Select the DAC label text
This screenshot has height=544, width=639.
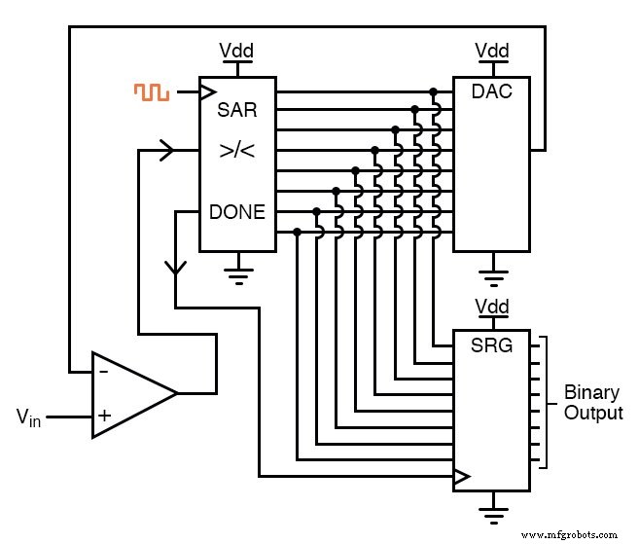pos(491,91)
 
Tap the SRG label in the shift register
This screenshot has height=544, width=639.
pos(492,345)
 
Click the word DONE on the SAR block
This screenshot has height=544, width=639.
pos(237,211)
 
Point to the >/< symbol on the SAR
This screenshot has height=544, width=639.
pos(237,152)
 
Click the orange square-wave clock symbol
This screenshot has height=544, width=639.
pos(152,92)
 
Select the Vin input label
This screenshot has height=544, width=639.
pos(29,417)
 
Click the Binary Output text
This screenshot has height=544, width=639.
pos(591,403)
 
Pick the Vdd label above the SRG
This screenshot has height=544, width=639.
pos(491,307)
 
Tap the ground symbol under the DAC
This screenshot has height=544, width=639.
pos(491,274)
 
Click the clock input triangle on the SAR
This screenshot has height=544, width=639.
pos(207,92)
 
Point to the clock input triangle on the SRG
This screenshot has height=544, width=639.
pos(462,477)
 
